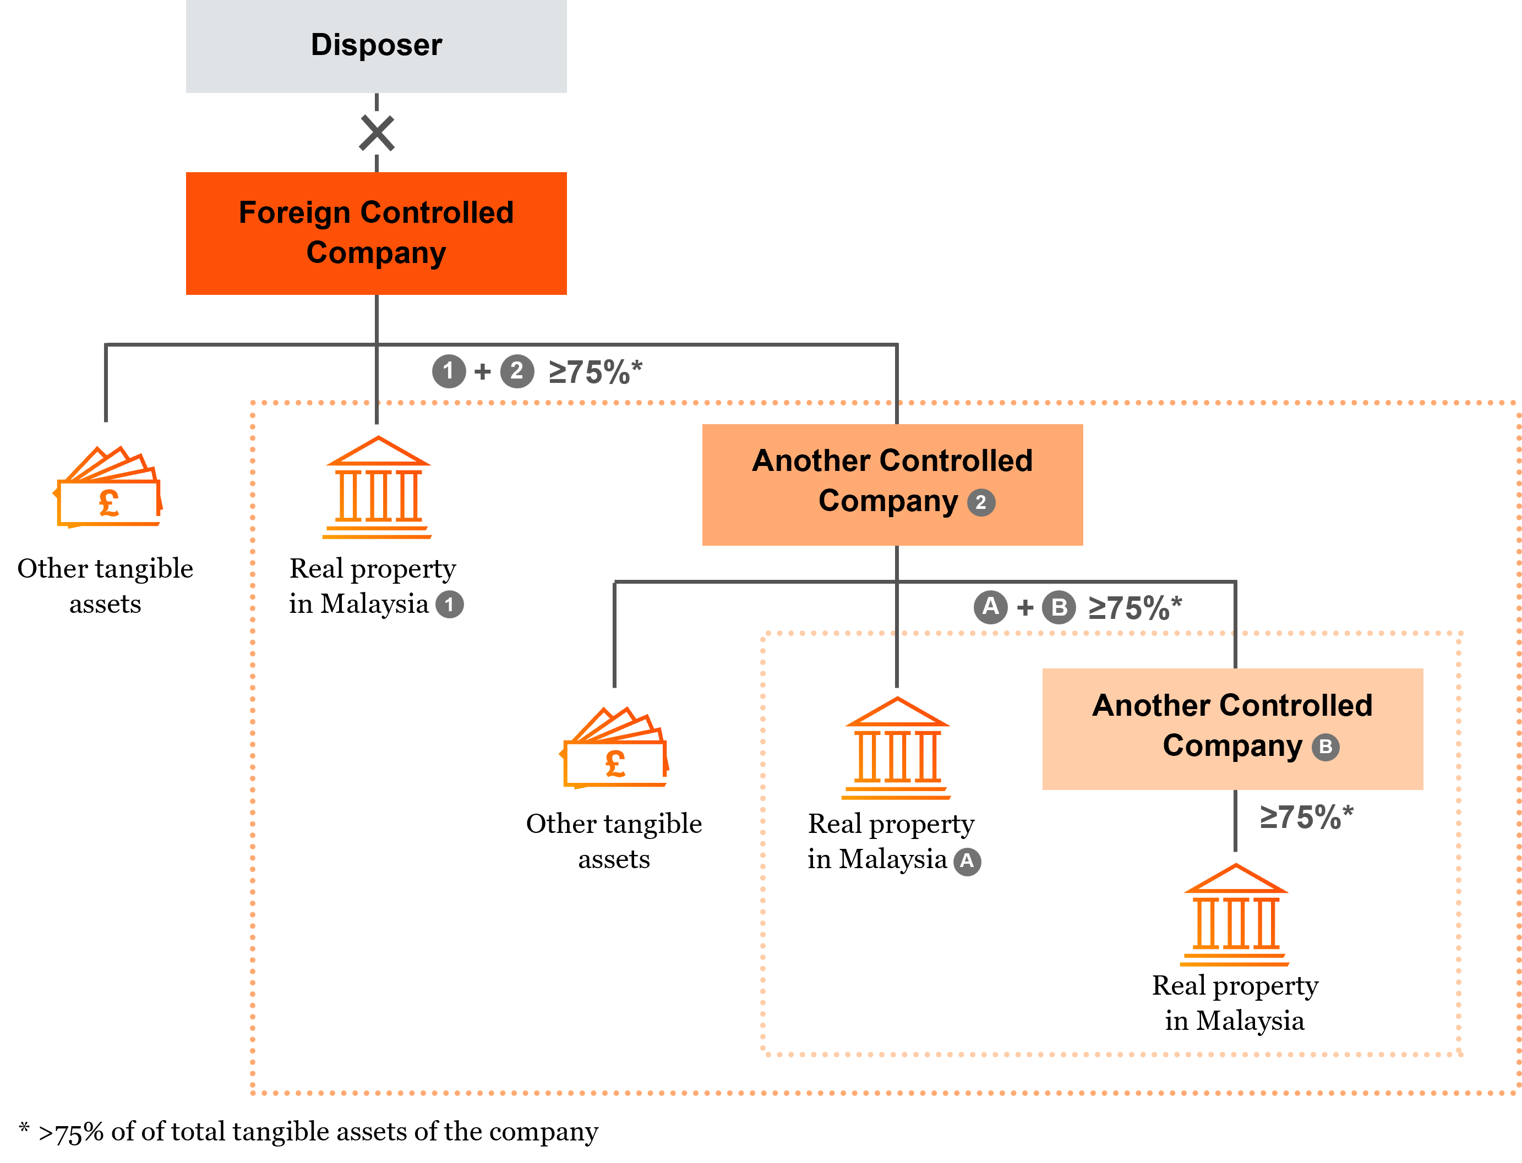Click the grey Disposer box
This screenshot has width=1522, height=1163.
376,46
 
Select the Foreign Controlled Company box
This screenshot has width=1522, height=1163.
376,233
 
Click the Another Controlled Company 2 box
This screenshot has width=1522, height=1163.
892,485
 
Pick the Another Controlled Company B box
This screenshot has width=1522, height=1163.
1232,728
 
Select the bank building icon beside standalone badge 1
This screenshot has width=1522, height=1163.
378,487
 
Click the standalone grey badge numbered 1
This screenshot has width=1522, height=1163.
449,605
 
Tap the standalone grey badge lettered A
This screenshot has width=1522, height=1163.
967,861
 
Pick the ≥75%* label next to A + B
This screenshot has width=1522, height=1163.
1134,608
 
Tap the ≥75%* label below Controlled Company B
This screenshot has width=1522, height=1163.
1305,817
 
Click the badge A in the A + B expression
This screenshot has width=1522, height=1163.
990,607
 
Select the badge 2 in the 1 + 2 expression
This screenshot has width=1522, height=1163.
516,371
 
